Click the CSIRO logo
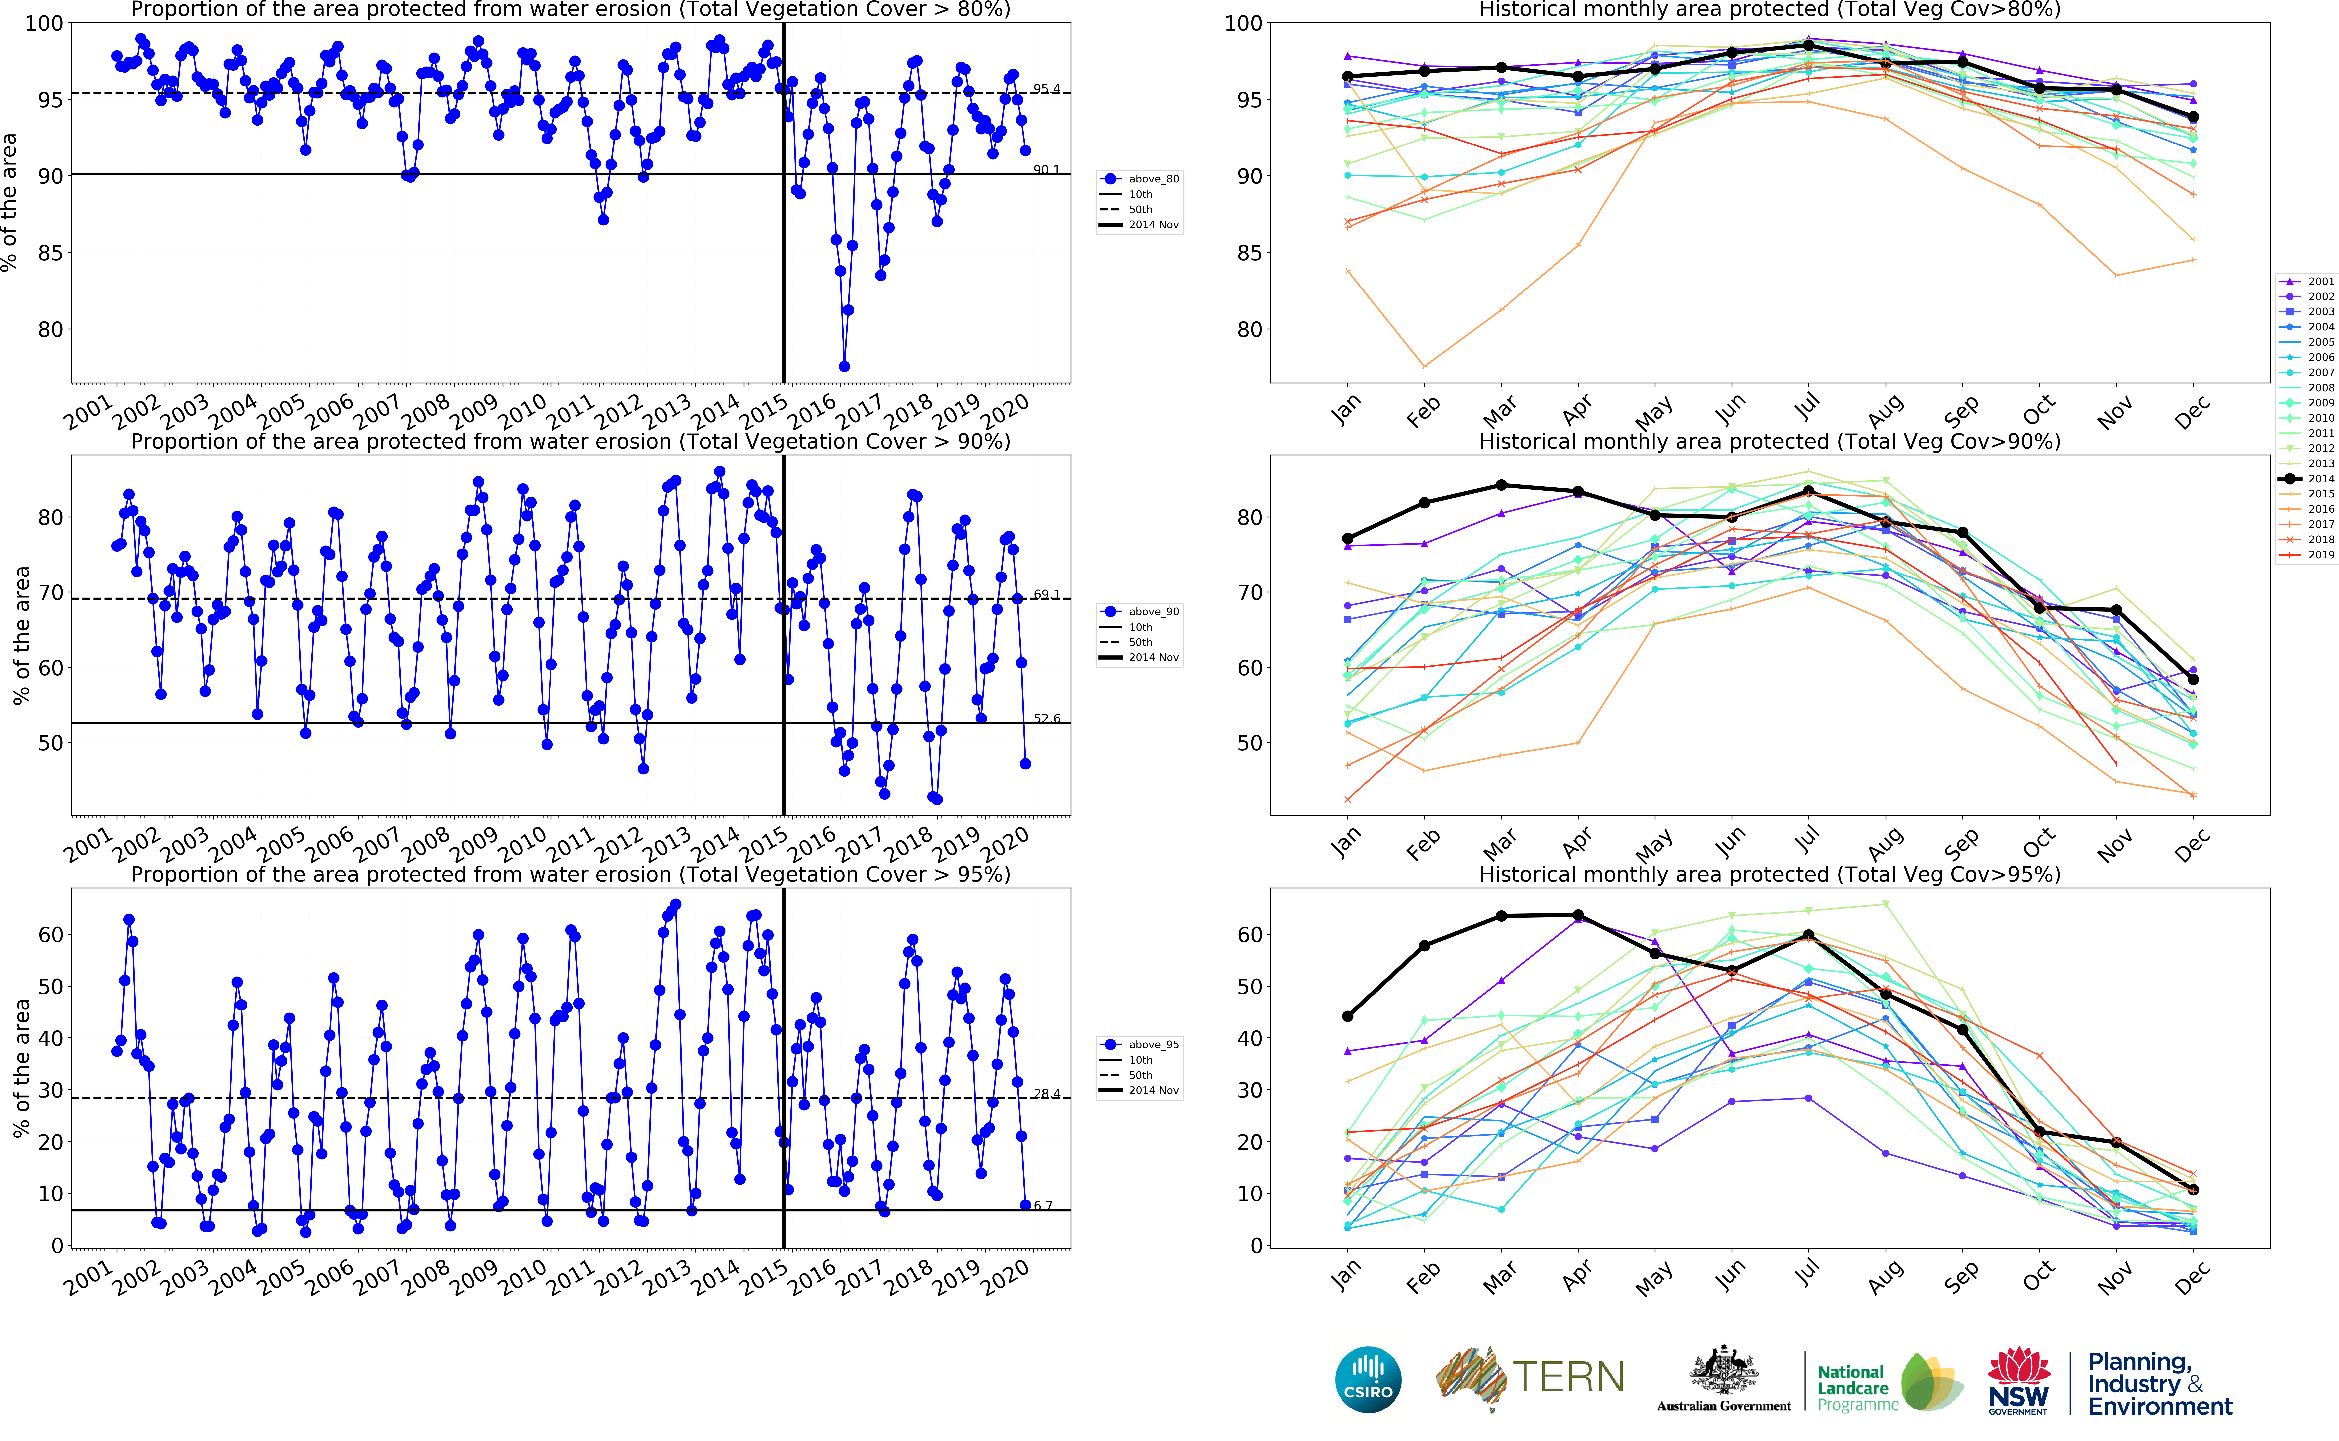coord(1368,1379)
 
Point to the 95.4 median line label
coord(1046,90)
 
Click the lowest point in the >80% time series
coord(844,366)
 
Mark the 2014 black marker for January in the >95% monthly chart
coord(1347,1016)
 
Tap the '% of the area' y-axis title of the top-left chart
coord(9,202)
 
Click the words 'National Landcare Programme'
coord(1856,1388)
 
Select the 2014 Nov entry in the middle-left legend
coord(1153,658)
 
